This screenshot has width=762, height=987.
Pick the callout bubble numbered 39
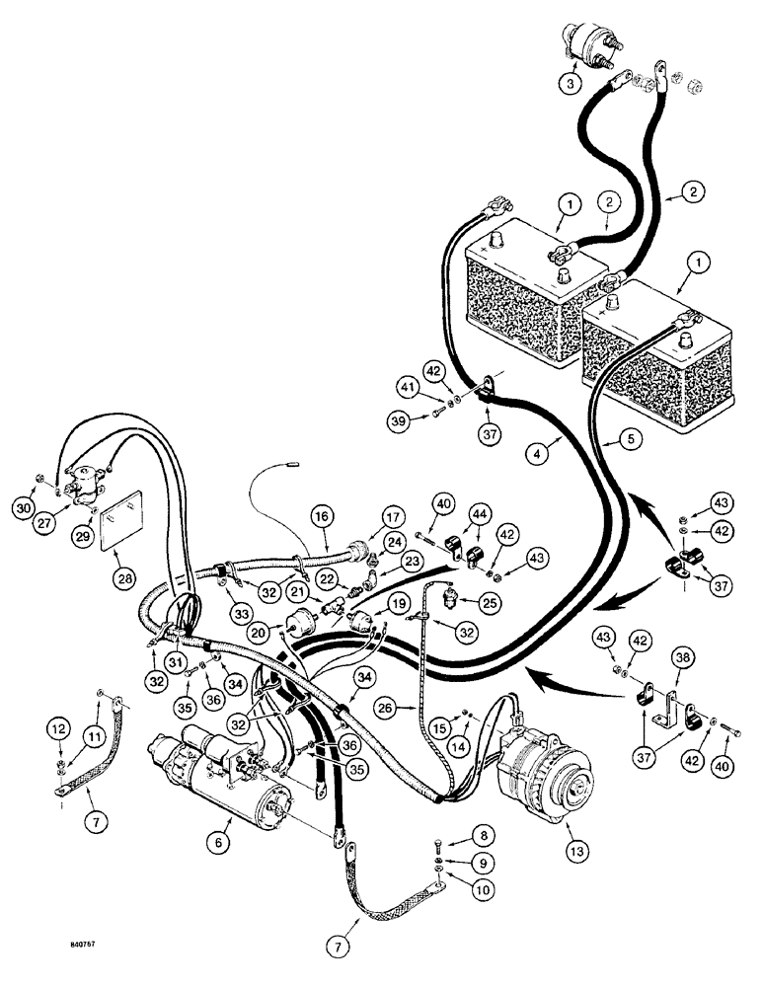pos(398,422)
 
